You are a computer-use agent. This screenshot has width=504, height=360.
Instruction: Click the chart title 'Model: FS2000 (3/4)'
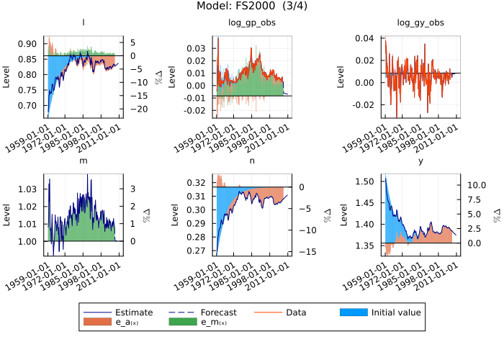click(x=252, y=6)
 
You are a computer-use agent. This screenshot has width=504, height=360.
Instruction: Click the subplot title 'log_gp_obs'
click(x=252, y=23)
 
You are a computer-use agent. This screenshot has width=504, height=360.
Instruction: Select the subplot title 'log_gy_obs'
click(x=420, y=23)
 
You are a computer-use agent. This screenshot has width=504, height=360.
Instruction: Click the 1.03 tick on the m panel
click(x=31, y=189)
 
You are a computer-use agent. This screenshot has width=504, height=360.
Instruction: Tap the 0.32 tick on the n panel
click(x=199, y=183)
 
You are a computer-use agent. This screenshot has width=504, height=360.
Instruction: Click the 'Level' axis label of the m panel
click(x=7, y=215)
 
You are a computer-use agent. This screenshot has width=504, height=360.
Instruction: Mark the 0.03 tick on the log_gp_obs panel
click(x=197, y=48)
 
